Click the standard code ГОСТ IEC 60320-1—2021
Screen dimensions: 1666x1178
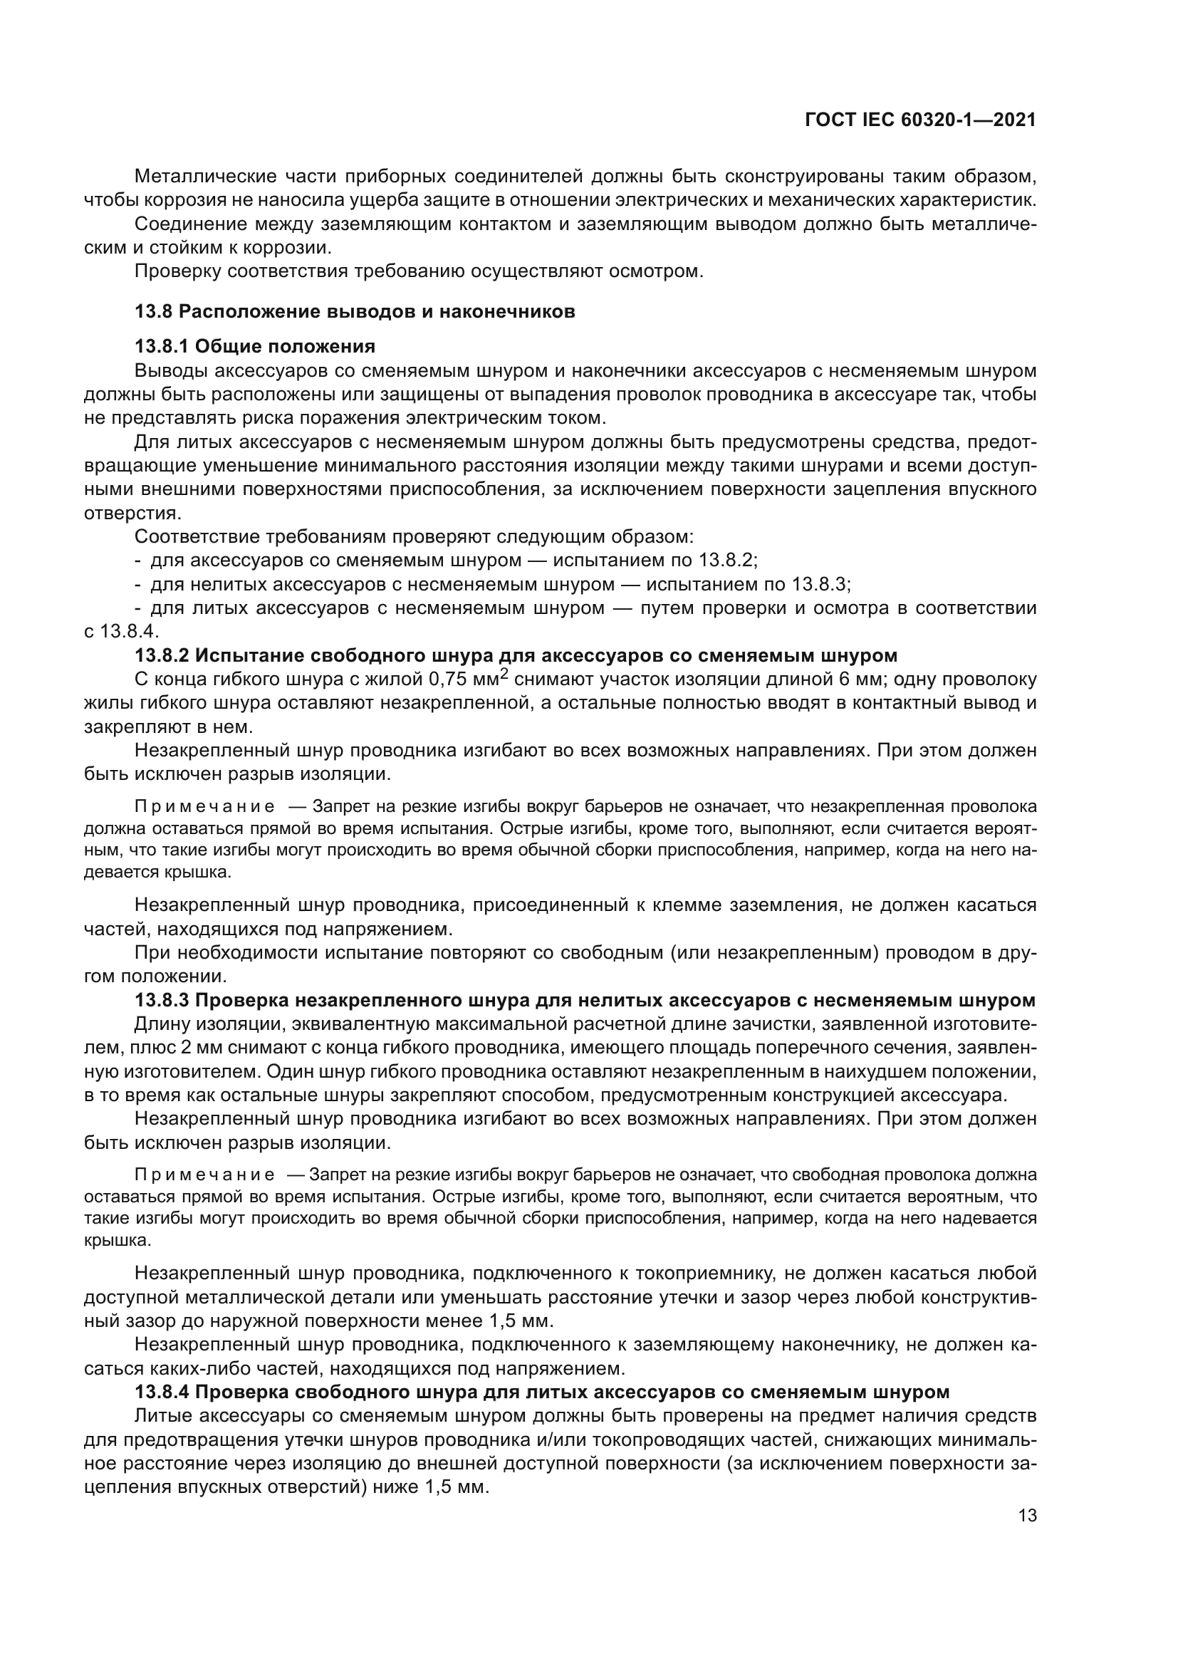click(x=919, y=120)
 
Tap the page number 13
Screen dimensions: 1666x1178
click(x=1027, y=1516)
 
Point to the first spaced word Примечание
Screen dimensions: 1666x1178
click(x=204, y=806)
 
